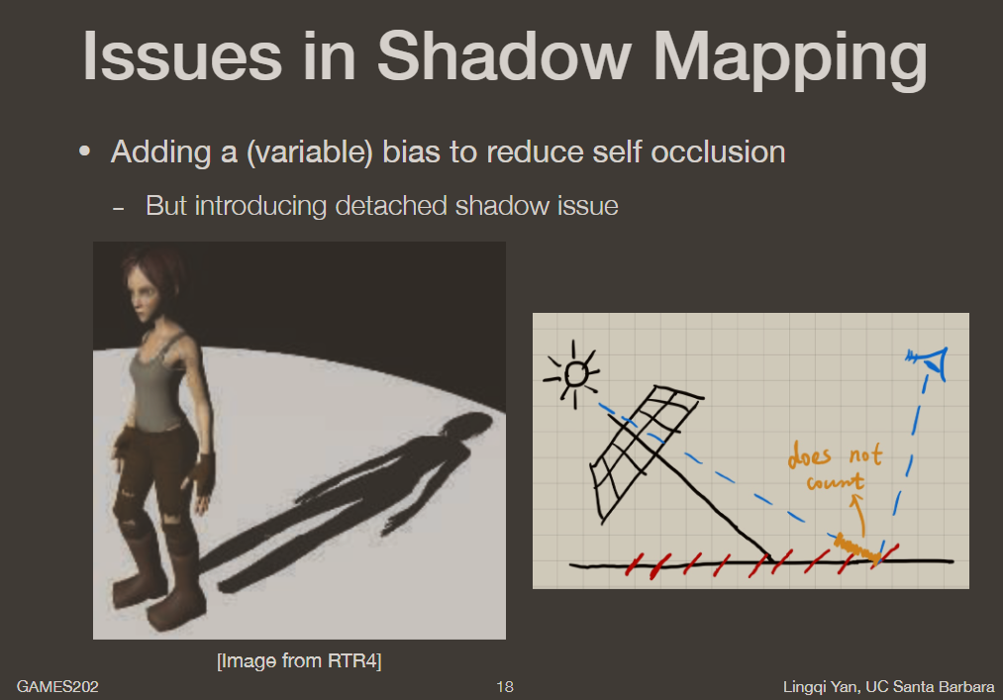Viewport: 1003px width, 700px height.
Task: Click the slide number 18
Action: (x=505, y=686)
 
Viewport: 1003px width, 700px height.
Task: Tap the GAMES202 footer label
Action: (x=56, y=686)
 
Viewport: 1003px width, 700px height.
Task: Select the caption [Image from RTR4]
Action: (x=298, y=659)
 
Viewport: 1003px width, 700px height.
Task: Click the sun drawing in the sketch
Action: (x=573, y=374)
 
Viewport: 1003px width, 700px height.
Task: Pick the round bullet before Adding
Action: (x=86, y=153)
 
